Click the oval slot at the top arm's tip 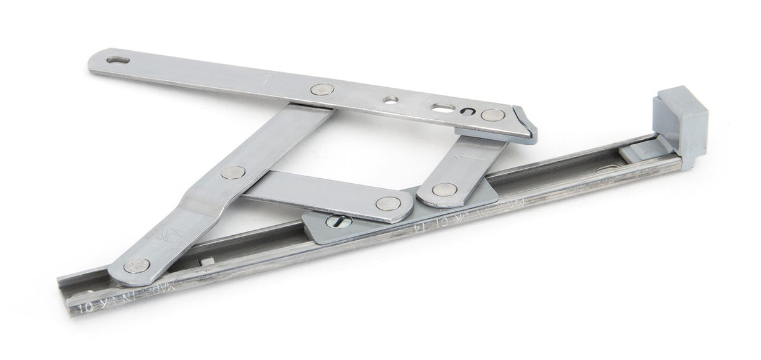click(117, 61)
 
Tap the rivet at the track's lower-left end click(136, 265)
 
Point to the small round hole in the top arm click(391, 100)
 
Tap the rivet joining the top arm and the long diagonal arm click(322, 90)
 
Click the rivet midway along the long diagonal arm click(233, 172)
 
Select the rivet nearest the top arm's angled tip click(493, 115)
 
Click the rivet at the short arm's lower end click(443, 189)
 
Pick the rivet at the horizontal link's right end click(389, 203)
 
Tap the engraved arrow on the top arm click(268, 80)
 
